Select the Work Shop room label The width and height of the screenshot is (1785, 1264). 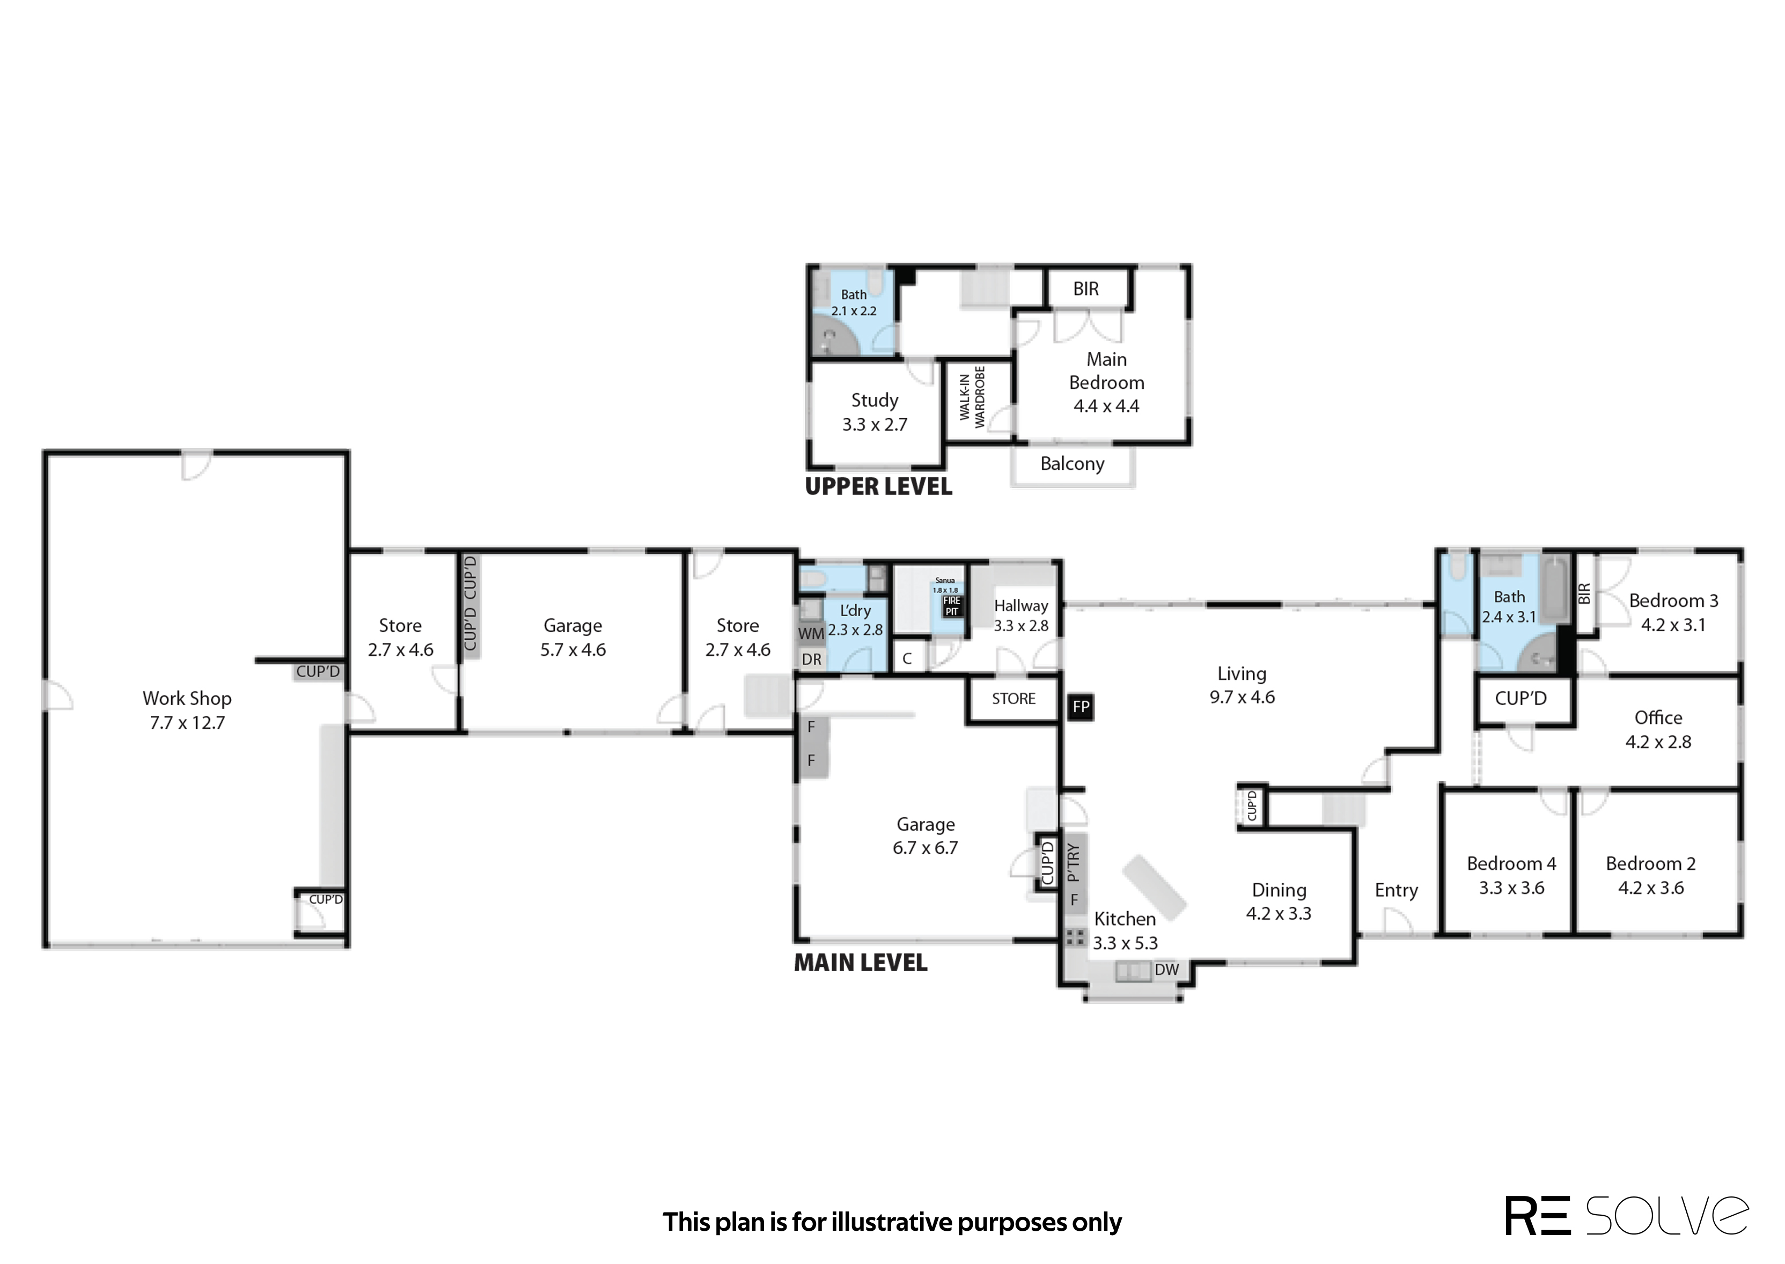point(187,698)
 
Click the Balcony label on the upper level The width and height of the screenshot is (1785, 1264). point(1072,464)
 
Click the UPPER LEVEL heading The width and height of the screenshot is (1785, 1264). point(878,486)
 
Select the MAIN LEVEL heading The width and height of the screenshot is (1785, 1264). point(860,963)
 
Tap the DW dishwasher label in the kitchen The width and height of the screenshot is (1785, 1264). point(1167,970)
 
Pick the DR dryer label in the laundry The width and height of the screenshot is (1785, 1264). point(811,659)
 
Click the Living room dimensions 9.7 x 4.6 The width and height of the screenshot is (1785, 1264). point(1242,697)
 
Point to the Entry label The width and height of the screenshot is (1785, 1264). point(1396,890)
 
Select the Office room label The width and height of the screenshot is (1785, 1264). point(1658,718)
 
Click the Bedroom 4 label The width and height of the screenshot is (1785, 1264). point(1511,863)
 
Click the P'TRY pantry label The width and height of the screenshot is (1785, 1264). point(1074,863)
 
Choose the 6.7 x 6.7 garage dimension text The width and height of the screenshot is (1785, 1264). point(925,848)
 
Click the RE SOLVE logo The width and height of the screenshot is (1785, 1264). point(1627,1216)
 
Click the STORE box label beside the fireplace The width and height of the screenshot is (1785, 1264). point(1013,699)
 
